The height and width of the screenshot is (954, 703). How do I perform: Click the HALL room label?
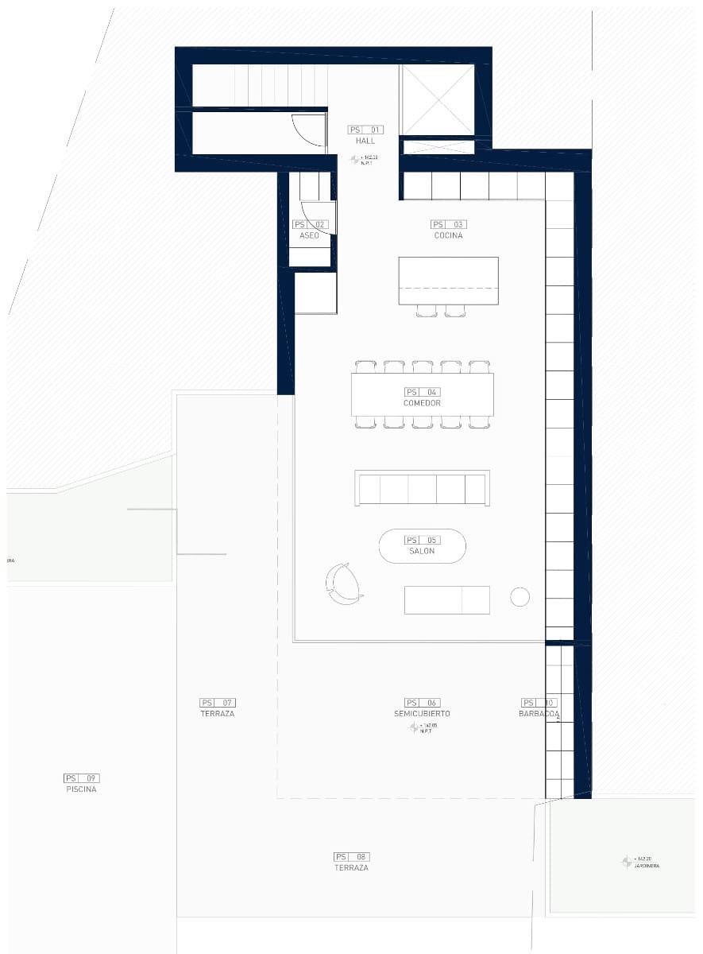tap(365, 141)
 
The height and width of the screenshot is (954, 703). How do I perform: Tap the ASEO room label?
tap(309, 236)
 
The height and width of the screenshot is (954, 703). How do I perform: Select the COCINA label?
tap(448, 236)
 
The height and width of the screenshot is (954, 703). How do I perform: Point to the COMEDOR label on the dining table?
tap(422, 403)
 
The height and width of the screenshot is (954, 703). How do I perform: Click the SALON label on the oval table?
tap(422, 551)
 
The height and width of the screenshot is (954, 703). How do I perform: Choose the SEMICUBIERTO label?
tap(422, 714)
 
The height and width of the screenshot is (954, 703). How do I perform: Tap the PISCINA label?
tap(81, 789)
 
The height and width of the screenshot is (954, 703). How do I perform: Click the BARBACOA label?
tap(539, 714)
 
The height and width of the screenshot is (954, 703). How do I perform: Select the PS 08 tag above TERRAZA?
tap(351, 857)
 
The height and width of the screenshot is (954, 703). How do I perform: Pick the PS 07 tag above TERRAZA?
tap(218, 703)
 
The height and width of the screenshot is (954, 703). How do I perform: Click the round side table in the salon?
tap(520, 597)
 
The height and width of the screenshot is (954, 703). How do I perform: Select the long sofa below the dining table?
tap(422, 487)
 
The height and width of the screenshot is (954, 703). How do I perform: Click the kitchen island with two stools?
tap(448, 281)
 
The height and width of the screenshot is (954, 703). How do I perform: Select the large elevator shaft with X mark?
tap(438, 100)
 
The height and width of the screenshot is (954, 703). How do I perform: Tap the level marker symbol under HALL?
tap(356, 160)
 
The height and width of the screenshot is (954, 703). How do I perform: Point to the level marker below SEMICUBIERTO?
tap(414, 727)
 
